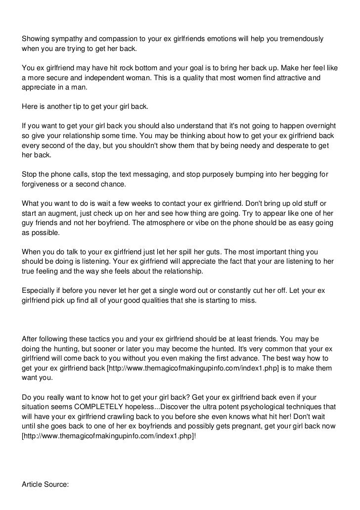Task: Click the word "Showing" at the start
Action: click(x=36, y=39)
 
